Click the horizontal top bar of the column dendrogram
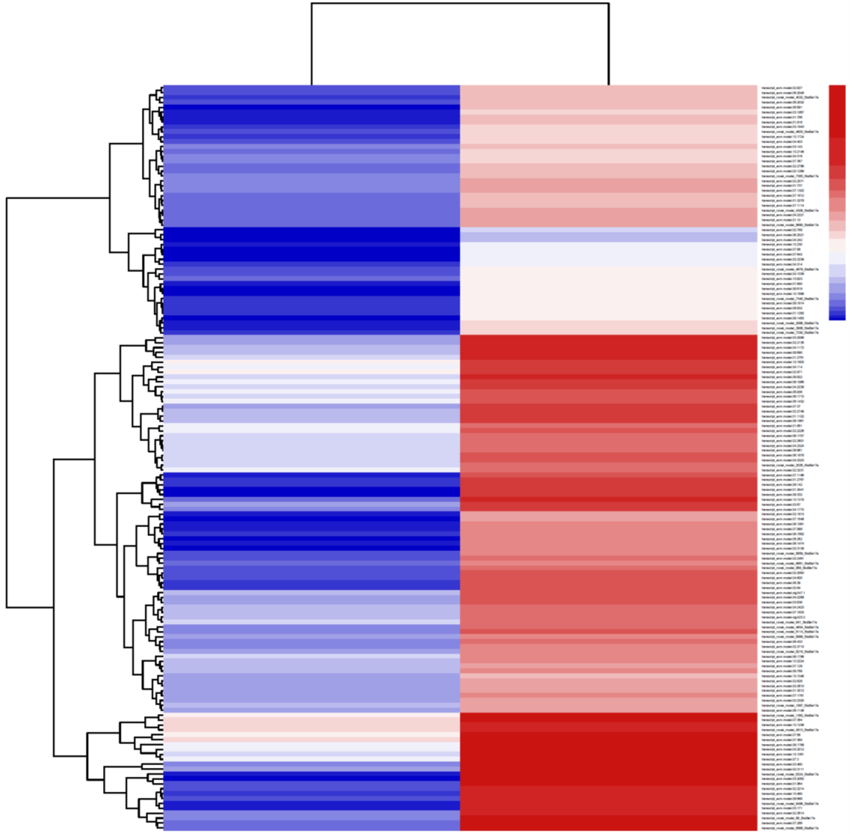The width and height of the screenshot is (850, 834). [x=460, y=3]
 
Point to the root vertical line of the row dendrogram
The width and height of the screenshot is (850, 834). [x=7, y=402]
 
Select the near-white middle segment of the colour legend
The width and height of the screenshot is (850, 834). [x=837, y=245]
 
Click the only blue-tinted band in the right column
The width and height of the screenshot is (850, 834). [x=609, y=235]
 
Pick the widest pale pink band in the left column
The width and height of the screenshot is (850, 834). [x=312, y=724]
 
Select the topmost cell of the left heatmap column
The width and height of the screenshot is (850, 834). [x=312, y=88]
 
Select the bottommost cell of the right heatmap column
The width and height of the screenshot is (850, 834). [x=609, y=828]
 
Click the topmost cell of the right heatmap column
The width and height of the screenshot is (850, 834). [x=609, y=88]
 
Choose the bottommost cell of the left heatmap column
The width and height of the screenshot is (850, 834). [x=312, y=828]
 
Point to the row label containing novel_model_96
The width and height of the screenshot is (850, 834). [x=785, y=818]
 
